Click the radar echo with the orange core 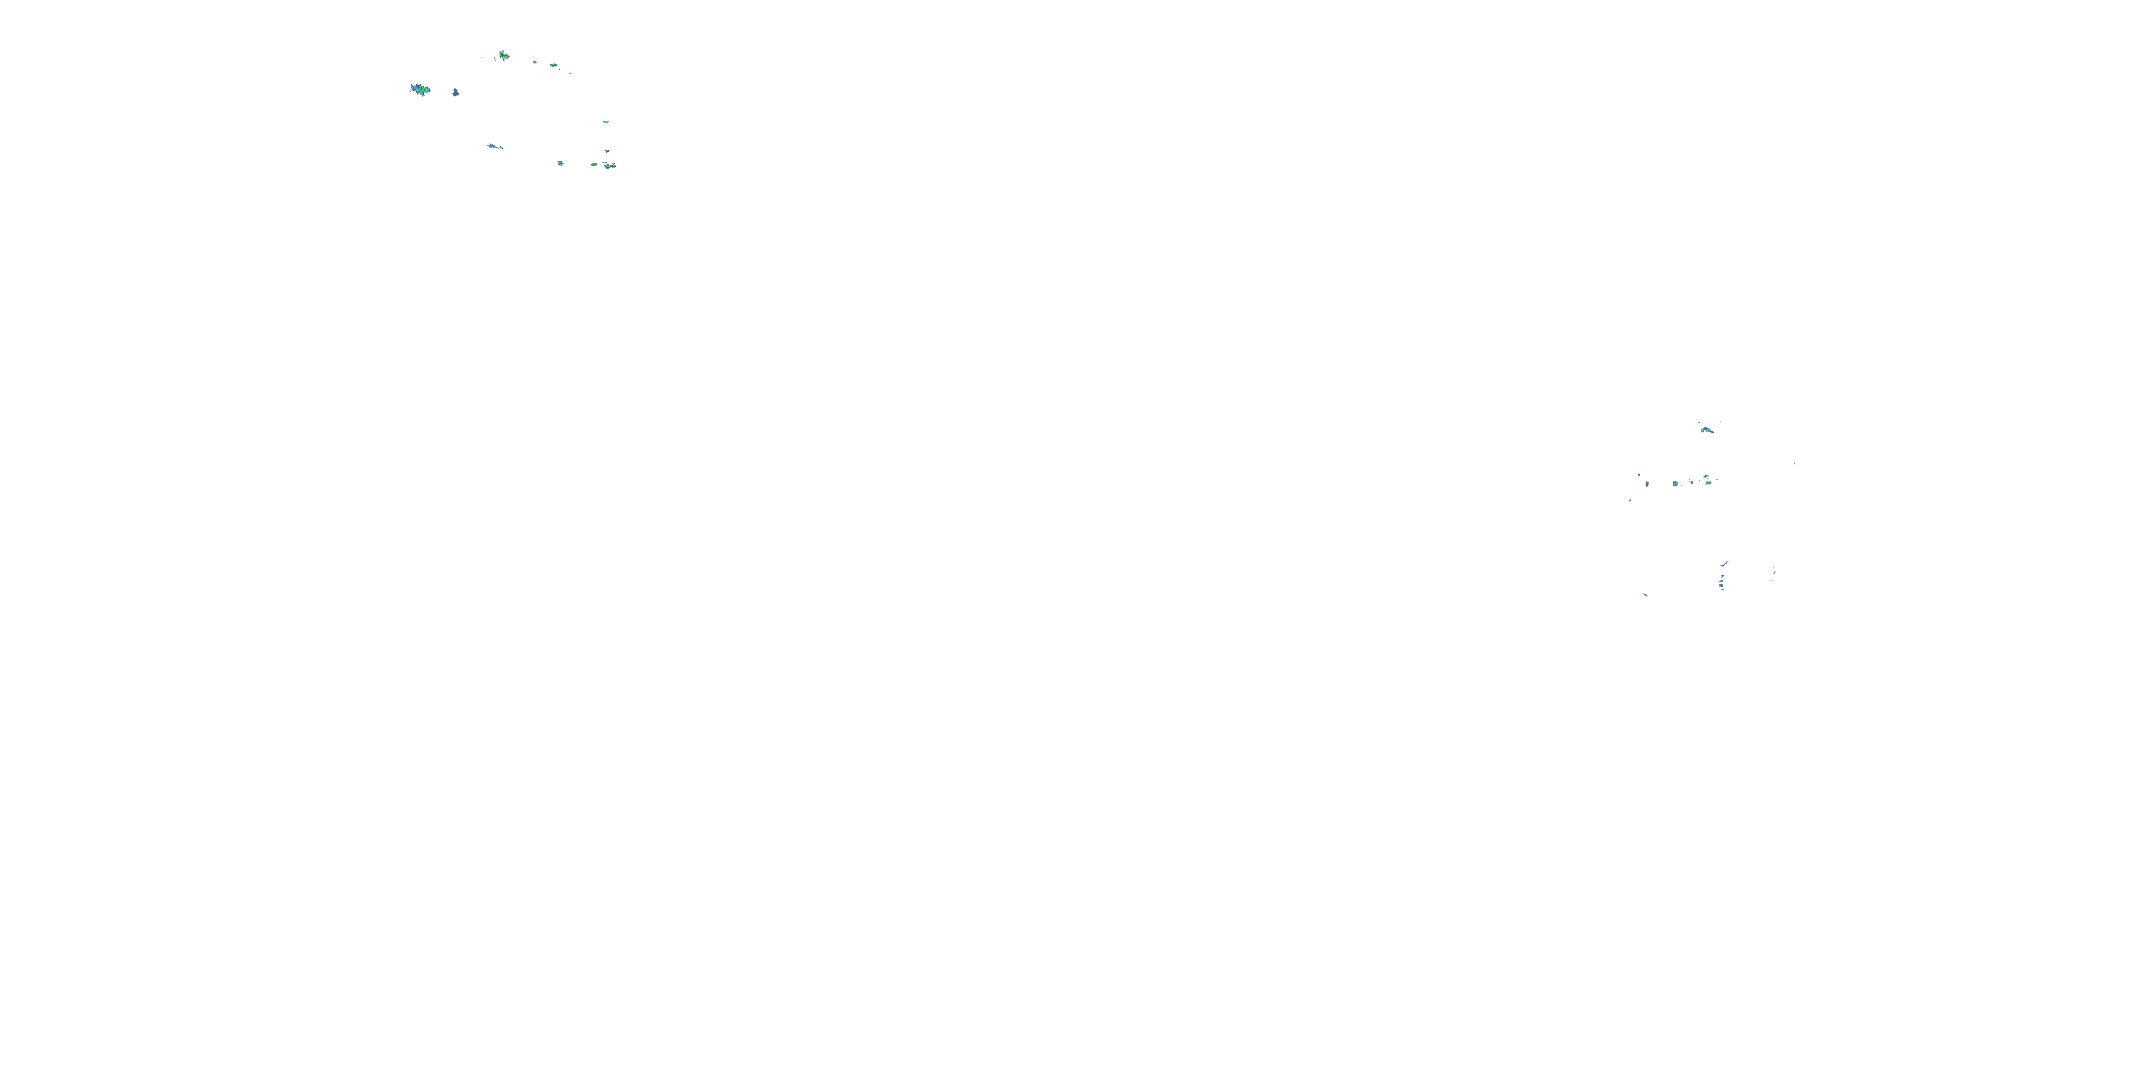[503, 56]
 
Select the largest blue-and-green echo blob [420, 89]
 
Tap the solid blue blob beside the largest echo [455, 92]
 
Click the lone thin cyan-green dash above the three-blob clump [606, 122]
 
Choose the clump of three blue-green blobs [610, 166]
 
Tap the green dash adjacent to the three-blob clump [594, 165]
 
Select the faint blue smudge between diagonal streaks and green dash [560, 163]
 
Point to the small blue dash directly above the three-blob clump [607, 151]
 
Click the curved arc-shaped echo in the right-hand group [1706, 429]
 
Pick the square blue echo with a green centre [1676, 483]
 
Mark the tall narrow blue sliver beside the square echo [1646, 483]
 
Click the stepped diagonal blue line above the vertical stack [1726, 564]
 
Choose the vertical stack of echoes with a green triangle [1721, 581]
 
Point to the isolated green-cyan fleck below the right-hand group [1646, 595]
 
